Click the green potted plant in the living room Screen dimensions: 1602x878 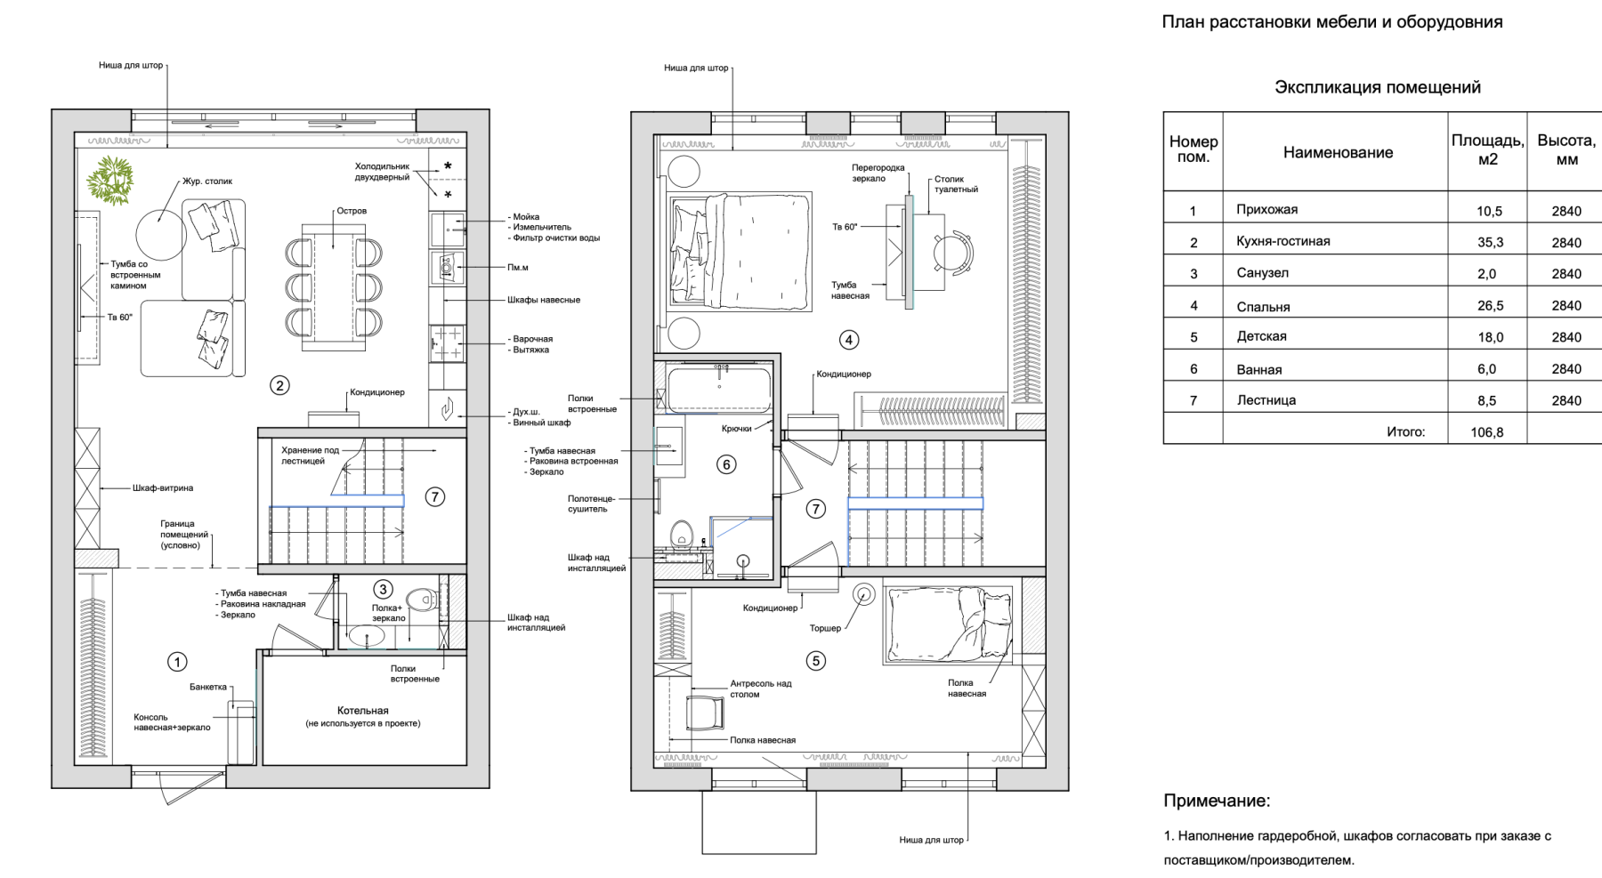point(110,181)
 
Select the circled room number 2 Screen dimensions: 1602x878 point(279,385)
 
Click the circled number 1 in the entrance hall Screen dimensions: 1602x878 point(177,662)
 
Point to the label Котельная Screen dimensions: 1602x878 point(362,711)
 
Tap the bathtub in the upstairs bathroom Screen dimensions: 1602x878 point(719,388)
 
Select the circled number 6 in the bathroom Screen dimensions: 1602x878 point(726,464)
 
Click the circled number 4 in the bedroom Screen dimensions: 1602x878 point(849,340)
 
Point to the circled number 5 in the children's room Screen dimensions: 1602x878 point(815,661)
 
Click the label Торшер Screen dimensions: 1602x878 point(825,628)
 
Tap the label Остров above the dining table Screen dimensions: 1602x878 point(352,211)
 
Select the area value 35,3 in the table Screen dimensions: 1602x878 point(1490,242)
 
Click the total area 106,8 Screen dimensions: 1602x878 point(1487,432)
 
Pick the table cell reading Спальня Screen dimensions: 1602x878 point(1263,307)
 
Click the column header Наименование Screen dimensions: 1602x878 point(1338,152)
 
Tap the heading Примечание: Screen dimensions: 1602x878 point(1217,801)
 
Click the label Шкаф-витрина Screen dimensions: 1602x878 point(163,488)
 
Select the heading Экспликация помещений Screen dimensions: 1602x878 point(1378,87)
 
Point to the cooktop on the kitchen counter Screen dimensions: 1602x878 point(448,344)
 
